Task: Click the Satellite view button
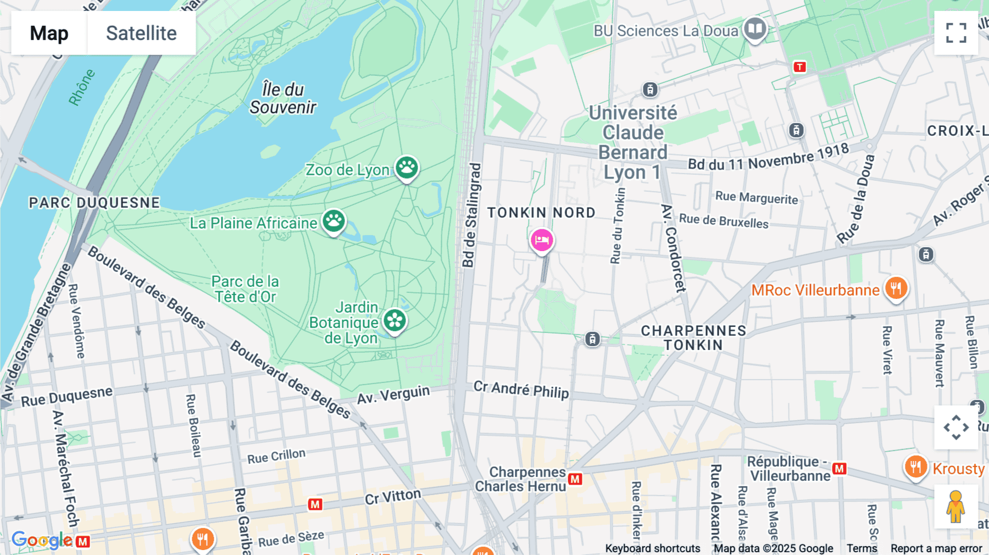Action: click(141, 33)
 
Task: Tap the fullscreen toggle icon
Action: click(956, 33)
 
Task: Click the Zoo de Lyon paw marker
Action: click(407, 167)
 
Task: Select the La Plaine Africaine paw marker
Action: click(334, 221)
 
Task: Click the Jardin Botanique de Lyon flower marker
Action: click(395, 320)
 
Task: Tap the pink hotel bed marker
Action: click(542, 241)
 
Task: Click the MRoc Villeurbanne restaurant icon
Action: click(896, 288)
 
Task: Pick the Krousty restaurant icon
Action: click(915, 467)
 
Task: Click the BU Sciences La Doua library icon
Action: click(755, 29)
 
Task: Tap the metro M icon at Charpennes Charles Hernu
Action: click(575, 479)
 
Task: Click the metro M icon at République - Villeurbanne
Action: click(839, 469)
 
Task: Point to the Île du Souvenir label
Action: click(282, 98)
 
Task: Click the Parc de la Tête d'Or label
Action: click(246, 289)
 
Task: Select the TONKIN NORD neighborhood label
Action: click(541, 213)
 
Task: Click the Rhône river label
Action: click(82, 87)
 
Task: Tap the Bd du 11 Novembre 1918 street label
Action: click(768, 157)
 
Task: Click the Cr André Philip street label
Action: click(521, 390)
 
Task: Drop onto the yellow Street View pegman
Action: click(955, 507)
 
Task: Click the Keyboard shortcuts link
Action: click(652, 548)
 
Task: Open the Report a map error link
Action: click(936, 548)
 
